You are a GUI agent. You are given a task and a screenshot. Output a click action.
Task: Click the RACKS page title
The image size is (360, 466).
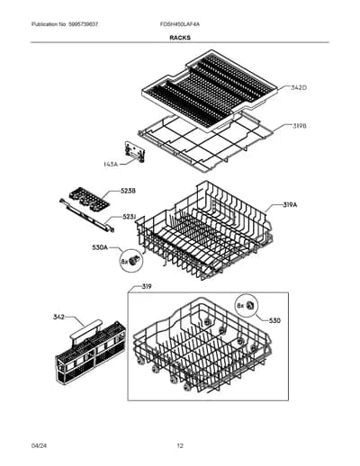click(180, 38)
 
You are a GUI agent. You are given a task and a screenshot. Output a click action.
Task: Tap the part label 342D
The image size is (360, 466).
click(298, 88)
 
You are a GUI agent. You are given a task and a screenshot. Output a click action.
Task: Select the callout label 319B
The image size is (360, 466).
click(299, 126)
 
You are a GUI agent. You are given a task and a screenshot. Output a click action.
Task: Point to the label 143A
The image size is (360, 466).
click(111, 164)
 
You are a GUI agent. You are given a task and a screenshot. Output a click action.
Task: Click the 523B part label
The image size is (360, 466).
click(128, 191)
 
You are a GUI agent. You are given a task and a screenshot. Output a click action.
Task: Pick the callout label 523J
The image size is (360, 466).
click(130, 217)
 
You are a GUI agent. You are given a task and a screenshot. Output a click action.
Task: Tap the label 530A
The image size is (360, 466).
click(100, 247)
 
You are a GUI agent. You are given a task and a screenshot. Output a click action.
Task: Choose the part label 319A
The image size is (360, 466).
click(290, 205)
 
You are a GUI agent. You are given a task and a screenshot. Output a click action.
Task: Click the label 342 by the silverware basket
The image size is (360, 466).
click(58, 317)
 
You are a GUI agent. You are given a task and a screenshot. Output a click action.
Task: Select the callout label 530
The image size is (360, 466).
click(274, 321)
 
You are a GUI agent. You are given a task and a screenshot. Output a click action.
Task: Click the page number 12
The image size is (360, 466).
click(180, 446)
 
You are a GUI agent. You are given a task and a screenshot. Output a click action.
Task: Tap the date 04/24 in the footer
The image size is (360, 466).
click(39, 446)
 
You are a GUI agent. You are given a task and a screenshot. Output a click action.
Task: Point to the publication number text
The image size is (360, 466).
click(65, 24)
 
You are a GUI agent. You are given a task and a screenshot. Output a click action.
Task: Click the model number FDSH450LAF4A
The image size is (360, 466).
click(180, 24)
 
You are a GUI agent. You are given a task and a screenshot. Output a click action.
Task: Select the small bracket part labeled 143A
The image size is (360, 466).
click(135, 152)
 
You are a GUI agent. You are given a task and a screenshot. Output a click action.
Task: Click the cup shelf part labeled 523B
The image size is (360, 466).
click(89, 199)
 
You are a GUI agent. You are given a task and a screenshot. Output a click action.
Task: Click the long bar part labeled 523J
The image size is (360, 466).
click(87, 215)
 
